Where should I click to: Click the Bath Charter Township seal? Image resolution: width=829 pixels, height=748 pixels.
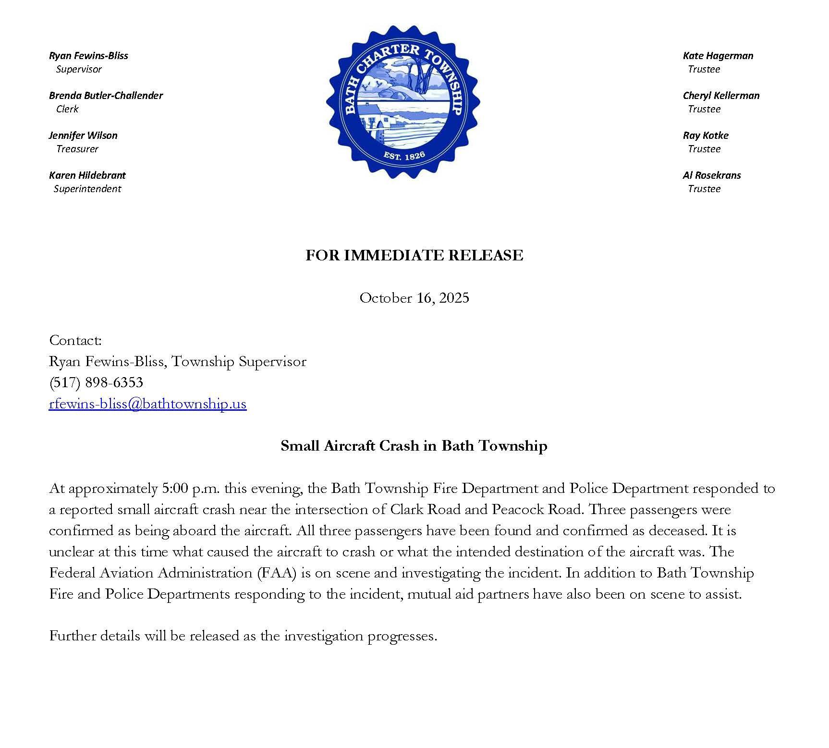tap(403, 102)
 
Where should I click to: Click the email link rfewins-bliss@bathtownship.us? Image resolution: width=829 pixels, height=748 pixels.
tap(147, 404)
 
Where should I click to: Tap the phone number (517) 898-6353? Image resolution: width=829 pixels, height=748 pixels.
tap(96, 382)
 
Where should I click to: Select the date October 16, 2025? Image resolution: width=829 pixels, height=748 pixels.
tap(414, 298)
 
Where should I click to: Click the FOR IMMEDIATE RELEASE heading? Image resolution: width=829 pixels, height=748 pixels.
tap(414, 255)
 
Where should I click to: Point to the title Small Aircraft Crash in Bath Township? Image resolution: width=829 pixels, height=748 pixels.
tap(414, 446)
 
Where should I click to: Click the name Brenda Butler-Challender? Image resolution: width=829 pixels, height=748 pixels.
tap(106, 96)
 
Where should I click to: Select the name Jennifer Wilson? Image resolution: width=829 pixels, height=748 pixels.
tap(83, 135)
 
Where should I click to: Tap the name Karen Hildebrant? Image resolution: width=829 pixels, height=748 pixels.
tap(87, 175)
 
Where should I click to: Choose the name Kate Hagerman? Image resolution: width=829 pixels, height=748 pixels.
tap(718, 56)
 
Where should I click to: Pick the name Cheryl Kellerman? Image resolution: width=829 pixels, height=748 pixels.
tap(721, 96)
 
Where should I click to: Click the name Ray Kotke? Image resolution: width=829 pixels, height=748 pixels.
tap(706, 135)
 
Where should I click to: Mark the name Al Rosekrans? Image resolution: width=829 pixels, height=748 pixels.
tap(712, 175)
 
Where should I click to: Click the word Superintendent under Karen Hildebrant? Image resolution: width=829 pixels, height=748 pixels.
tap(87, 189)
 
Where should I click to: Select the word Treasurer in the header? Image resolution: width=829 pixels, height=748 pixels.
tap(77, 149)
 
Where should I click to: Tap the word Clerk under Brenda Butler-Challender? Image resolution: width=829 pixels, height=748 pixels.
tap(67, 109)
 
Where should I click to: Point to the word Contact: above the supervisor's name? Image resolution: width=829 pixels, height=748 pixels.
tap(75, 341)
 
